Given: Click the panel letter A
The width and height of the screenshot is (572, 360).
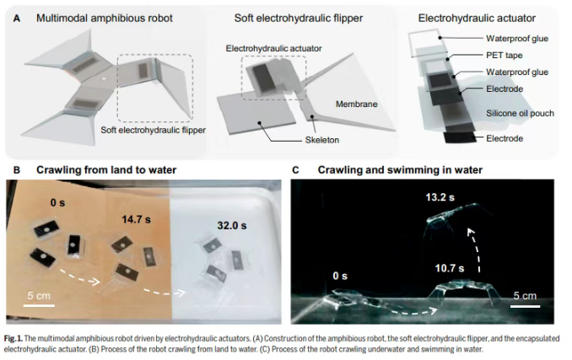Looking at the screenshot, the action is [x=16, y=19].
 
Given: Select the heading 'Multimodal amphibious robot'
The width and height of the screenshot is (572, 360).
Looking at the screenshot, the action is [x=105, y=19].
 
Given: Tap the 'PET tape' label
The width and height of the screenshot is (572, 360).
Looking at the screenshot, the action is [x=505, y=56].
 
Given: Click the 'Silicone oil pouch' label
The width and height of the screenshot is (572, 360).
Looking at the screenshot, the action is [x=520, y=113].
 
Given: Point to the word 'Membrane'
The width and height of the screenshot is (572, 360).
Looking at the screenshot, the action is [x=356, y=105].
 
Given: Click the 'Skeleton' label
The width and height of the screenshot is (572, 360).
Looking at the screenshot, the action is [x=321, y=140].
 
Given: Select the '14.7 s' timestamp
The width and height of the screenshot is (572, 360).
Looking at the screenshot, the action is [x=136, y=219].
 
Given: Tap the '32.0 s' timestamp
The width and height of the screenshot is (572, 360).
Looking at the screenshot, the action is [x=232, y=226].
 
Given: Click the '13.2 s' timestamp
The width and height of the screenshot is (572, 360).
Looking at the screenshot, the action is [x=440, y=197].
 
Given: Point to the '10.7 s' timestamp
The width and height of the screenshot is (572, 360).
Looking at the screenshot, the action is [x=450, y=269].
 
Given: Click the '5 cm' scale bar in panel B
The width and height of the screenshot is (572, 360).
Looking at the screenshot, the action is [x=39, y=305].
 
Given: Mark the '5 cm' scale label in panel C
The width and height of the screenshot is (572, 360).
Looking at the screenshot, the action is [x=525, y=296].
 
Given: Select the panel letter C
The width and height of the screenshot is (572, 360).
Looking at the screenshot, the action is [x=295, y=170].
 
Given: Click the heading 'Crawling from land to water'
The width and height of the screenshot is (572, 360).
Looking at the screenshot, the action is [x=106, y=170].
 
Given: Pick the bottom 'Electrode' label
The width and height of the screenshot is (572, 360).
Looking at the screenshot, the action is [x=505, y=138].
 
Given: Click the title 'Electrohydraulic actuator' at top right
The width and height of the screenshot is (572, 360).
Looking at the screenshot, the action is [x=477, y=19].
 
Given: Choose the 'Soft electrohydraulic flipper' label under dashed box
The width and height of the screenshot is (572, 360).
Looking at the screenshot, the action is [x=154, y=130].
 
